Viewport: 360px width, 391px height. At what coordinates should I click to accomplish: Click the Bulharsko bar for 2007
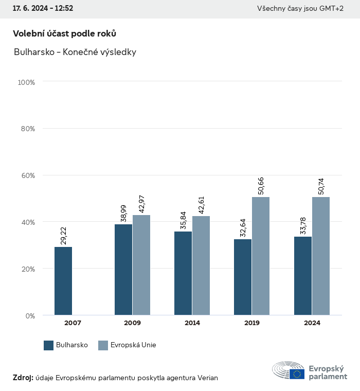[63, 281]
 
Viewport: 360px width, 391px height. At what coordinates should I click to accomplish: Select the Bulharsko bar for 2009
[123, 270]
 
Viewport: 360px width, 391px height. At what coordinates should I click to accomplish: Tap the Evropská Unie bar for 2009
[141, 265]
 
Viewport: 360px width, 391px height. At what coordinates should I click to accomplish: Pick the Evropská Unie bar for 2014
[201, 265]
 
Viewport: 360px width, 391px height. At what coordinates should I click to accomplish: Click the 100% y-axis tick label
[26, 82]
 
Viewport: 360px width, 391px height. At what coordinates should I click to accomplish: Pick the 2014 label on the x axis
[192, 323]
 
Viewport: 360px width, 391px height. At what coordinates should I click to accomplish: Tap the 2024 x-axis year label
[312, 323]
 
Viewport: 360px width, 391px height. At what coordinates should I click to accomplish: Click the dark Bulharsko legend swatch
[49, 345]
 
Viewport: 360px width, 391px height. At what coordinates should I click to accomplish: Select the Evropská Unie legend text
[133, 345]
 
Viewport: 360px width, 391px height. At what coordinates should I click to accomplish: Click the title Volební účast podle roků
[64, 33]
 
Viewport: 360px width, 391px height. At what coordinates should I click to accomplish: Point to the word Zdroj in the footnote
[23, 378]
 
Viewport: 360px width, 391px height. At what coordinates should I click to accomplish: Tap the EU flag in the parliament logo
[297, 374]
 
